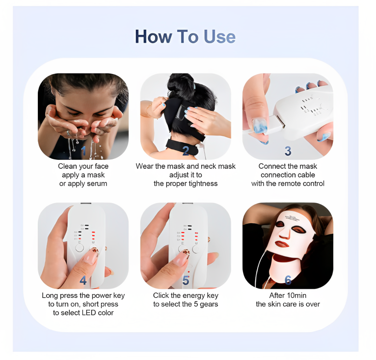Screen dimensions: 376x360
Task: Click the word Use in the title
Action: click(219, 37)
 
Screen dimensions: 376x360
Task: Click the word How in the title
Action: click(154, 37)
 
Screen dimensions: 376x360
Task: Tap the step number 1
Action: click(83, 151)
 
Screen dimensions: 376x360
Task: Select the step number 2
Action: click(186, 151)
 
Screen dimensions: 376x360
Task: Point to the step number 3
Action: click(288, 151)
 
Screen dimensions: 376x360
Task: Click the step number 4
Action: click(83, 280)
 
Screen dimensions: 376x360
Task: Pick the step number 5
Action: click(186, 280)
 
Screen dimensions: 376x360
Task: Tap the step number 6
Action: click(288, 280)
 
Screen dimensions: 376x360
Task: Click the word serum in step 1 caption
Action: click(97, 183)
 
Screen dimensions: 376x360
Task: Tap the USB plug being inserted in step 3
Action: click(277, 122)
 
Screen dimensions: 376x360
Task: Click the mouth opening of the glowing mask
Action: click(282, 244)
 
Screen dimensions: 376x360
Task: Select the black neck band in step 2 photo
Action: click(183, 146)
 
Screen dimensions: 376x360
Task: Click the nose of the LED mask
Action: click(285, 233)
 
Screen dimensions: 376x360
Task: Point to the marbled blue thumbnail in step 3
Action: click(260, 125)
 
